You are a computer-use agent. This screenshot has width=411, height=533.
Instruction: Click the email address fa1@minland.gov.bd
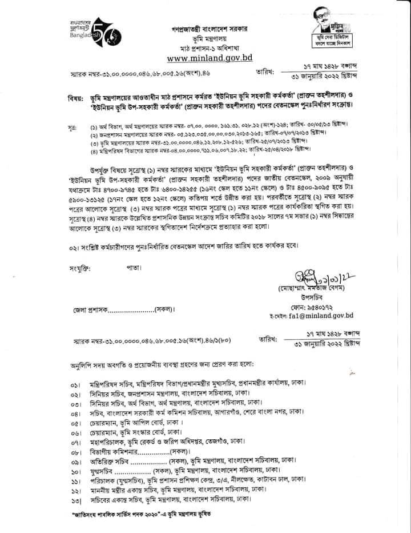click(321, 315)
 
